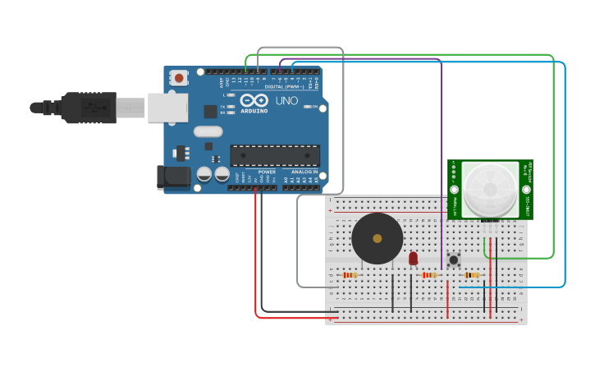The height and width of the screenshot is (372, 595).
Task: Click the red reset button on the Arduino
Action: pyautogui.click(x=178, y=79)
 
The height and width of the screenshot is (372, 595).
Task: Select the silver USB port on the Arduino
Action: pyautogui.click(x=167, y=108)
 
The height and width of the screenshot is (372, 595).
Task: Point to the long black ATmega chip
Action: pyautogui.click(x=274, y=155)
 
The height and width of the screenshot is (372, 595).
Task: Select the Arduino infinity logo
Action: pyautogui.click(x=254, y=99)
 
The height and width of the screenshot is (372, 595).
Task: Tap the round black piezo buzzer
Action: pyautogui.click(x=377, y=238)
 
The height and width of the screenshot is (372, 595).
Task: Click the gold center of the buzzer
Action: pyautogui.click(x=377, y=238)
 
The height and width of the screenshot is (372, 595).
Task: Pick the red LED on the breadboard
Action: pyautogui.click(x=413, y=258)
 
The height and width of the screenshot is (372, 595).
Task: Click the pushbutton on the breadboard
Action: pyautogui.click(x=453, y=261)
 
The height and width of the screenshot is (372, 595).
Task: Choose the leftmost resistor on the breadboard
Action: pyautogui.click(x=351, y=275)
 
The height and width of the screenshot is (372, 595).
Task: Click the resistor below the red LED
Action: pyautogui.click(x=428, y=275)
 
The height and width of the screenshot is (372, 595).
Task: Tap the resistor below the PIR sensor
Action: pyautogui.click(x=472, y=275)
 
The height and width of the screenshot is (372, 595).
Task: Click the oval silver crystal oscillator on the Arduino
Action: pyautogui.click(x=208, y=131)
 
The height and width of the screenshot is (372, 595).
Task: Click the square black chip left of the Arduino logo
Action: pyautogui.click(x=210, y=111)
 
